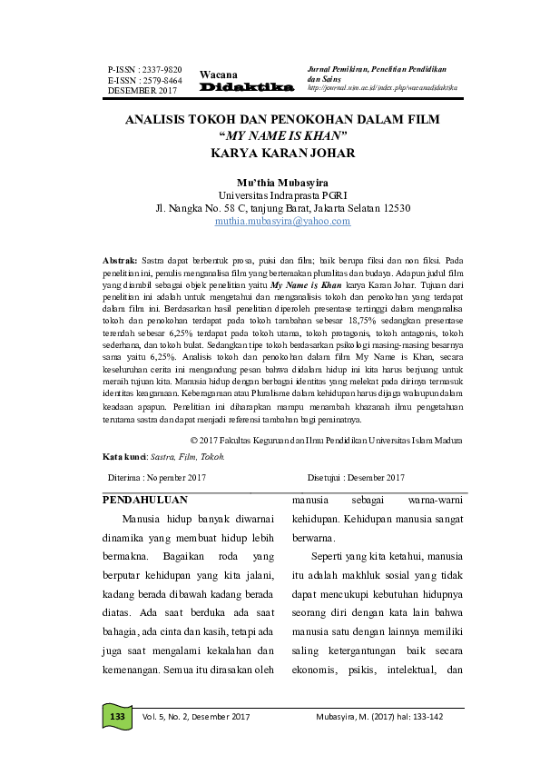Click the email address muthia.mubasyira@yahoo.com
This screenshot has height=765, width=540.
282,221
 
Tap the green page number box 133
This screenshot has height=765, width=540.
116,717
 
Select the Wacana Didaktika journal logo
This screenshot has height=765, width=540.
246,81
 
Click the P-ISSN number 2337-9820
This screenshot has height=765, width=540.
144,69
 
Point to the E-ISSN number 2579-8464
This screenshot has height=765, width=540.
144,80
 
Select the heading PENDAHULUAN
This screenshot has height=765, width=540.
145,500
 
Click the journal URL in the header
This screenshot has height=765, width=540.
382,87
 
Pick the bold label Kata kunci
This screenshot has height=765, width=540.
123,455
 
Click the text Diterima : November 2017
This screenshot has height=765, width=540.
157,477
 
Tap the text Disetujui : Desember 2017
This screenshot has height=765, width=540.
356,477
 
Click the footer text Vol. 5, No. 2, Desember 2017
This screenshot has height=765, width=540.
195,717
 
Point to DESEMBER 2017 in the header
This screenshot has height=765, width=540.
142,91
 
